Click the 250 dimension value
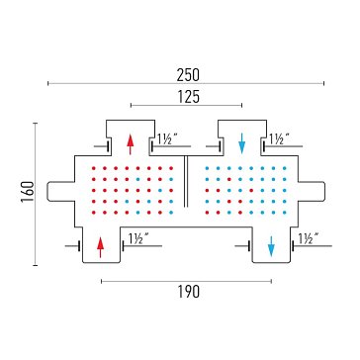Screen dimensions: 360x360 188,75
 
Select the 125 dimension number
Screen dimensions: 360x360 189,97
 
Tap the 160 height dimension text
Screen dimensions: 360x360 28,192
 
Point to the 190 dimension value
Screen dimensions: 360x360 189,292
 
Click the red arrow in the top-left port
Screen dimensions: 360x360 131,144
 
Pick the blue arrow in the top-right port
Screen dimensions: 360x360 242,143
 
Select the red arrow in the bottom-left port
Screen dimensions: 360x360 101,247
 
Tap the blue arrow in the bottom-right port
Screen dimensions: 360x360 271,246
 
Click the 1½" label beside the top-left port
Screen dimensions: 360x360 166,138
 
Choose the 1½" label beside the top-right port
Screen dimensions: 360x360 279,138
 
